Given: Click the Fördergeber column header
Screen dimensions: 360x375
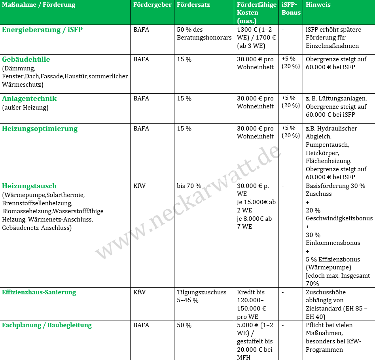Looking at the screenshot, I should click(152, 5).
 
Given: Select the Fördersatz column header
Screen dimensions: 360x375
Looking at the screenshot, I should click(193, 5).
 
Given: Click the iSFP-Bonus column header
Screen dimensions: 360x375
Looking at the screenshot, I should click(291, 9).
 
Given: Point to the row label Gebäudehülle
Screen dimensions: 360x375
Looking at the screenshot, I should click(26, 59).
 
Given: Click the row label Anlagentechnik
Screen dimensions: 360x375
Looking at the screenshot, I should click(29, 99).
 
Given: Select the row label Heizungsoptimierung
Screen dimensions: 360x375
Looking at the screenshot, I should click(40, 129).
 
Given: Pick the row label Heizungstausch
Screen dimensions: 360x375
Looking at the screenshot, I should click(29, 186).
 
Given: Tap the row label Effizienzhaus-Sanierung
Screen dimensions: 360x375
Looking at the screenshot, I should click(39, 292).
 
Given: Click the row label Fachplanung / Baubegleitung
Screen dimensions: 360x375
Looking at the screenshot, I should click(47, 325).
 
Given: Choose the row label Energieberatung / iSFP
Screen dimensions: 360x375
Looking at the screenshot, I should click(42, 30).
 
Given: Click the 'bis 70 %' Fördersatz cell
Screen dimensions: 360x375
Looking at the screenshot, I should click(189, 186).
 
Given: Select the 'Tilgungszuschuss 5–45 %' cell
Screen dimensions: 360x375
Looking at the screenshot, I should click(202, 296).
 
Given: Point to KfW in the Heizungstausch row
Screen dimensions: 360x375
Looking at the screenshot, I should click(139, 186).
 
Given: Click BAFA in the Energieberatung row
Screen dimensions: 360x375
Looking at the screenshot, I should click(141, 30).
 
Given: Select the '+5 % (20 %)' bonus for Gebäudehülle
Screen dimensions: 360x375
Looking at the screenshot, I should click(290, 63).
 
